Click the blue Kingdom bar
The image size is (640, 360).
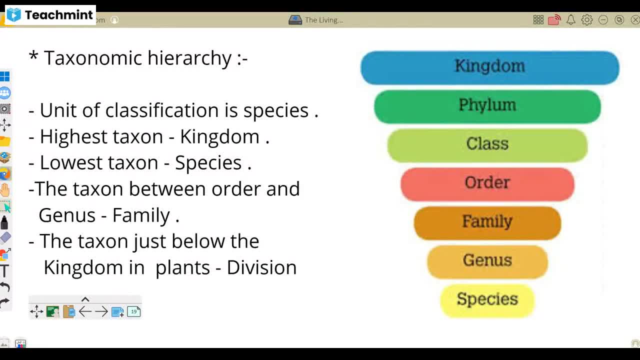click(489, 67)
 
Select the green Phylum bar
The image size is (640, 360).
click(487, 106)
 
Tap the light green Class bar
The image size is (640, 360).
click(487, 144)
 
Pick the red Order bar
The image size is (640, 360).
click(487, 183)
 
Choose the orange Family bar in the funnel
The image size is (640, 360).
click(487, 222)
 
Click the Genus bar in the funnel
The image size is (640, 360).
click(487, 261)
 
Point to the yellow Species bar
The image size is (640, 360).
click(487, 300)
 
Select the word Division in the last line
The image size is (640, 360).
click(261, 267)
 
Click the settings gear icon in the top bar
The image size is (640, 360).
click(587, 20)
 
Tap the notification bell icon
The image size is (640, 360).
click(570, 20)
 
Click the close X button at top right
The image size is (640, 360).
click(635, 20)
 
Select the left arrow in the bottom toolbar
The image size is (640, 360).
click(85, 312)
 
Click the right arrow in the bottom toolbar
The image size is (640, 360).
click(101, 312)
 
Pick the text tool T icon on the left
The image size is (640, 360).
click(4, 271)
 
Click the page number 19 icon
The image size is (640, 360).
click(133, 312)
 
